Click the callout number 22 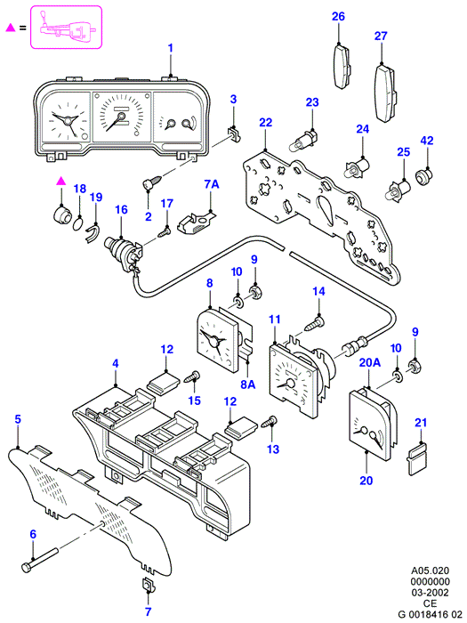(266, 123)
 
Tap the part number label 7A (212, 184)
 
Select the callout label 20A (370, 362)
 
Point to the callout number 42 (427, 141)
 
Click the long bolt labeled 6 (41, 559)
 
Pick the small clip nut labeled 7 (149, 585)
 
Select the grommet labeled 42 (423, 175)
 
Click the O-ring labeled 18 (78, 222)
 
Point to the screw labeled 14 (315, 323)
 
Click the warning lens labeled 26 (341, 66)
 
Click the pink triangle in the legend (11, 28)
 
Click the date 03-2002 (431, 593)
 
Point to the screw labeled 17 (165, 233)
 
